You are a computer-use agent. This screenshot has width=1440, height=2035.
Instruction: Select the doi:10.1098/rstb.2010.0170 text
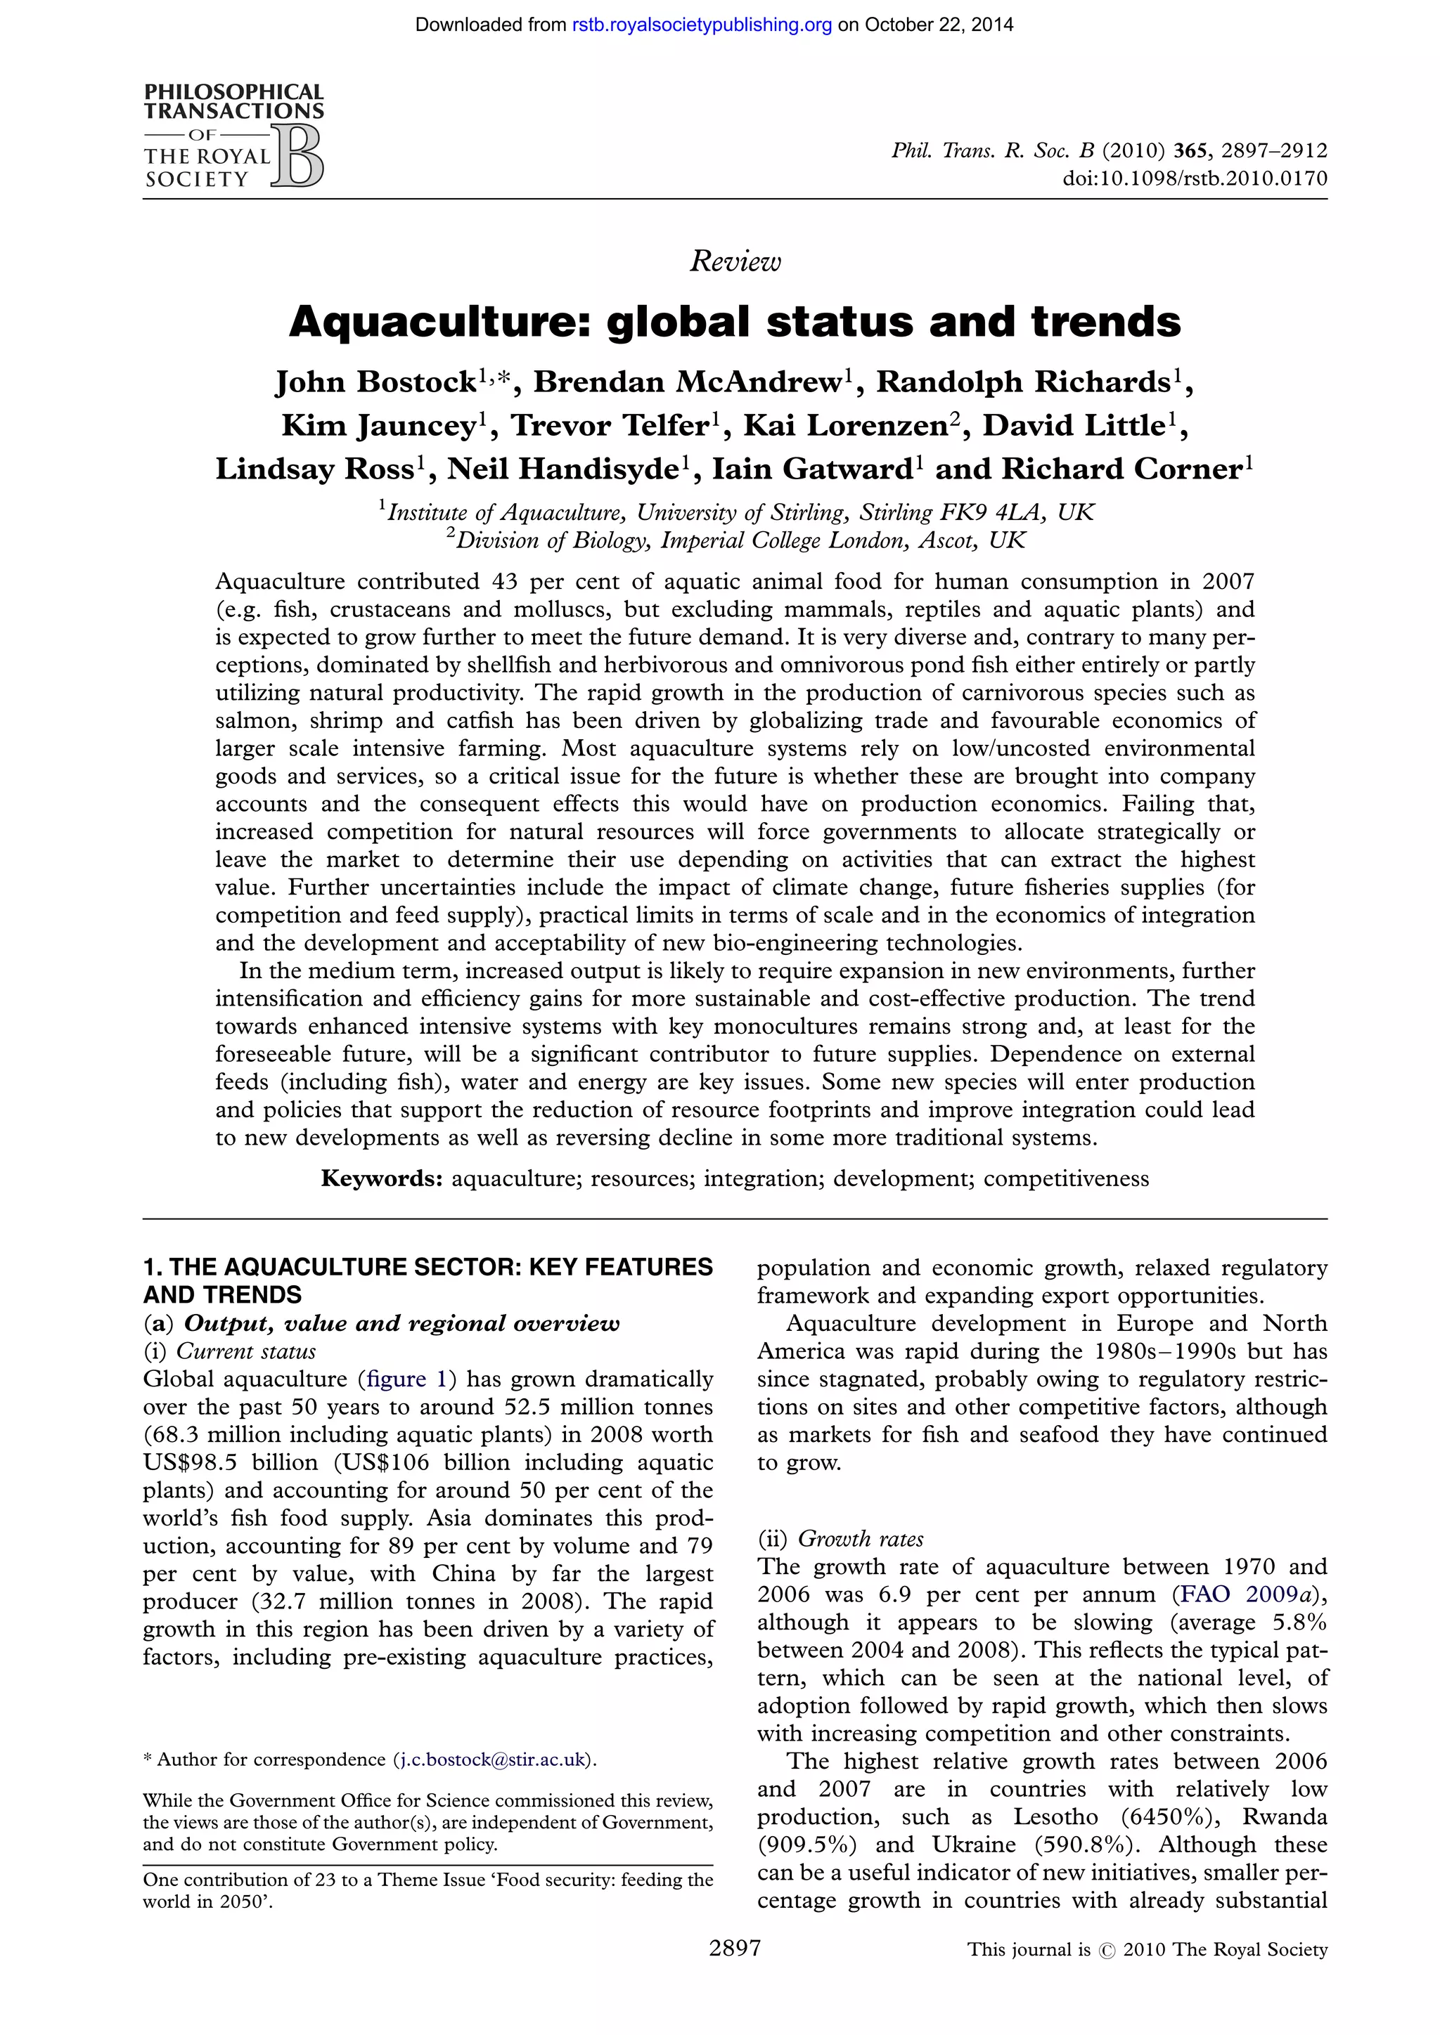pyautogui.click(x=1195, y=178)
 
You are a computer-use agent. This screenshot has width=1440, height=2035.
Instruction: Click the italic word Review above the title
pyautogui.click(x=735, y=261)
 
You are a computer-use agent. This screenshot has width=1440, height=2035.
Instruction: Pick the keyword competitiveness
pyautogui.click(x=1066, y=1179)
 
